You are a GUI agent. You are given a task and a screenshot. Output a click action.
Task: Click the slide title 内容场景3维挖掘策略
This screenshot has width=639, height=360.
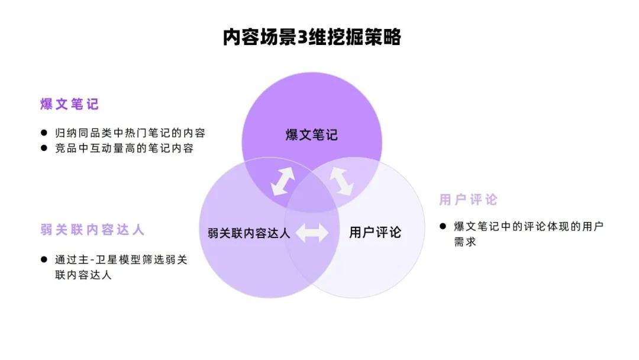(x=312, y=37)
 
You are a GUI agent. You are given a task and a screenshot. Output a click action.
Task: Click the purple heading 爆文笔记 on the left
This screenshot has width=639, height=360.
(x=69, y=104)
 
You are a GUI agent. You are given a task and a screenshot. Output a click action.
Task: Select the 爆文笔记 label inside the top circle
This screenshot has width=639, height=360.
(x=312, y=134)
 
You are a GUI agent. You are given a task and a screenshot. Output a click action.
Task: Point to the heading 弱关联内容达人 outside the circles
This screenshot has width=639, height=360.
(x=92, y=230)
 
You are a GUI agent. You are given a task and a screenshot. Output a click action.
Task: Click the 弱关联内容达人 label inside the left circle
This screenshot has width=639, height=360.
(x=248, y=233)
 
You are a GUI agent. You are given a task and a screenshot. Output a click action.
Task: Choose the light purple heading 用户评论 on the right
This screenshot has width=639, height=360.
(x=468, y=200)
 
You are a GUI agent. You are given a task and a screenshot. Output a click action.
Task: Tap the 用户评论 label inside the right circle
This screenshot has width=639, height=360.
(x=375, y=232)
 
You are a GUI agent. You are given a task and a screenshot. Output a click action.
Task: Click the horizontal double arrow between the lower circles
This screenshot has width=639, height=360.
(x=312, y=233)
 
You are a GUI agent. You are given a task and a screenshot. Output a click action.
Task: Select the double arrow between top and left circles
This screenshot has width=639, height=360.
(x=283, y=181)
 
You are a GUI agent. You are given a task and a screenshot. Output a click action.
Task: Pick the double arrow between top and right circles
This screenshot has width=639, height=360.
(x=341, y=181)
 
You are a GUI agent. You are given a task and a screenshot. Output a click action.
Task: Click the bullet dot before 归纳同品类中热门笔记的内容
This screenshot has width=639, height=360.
(x=44, y=133)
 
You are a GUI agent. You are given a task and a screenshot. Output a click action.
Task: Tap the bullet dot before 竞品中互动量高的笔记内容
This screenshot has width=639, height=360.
(x=44, y=148)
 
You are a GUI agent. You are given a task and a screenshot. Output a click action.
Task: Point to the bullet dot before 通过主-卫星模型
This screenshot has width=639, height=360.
(x=44, y=259)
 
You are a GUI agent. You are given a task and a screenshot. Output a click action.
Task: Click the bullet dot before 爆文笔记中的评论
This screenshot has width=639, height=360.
(x=443, y=226)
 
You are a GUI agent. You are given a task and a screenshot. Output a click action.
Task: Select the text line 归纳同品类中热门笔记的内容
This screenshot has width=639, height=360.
(x=130, y=133)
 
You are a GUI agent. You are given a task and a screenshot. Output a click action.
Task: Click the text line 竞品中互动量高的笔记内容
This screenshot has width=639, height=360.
(x=124, y=149)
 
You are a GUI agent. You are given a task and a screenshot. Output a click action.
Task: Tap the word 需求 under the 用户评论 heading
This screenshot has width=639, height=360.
(x=465, y=242)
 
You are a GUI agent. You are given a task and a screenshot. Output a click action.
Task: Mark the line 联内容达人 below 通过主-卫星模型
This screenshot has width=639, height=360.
(x=83, y=275)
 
